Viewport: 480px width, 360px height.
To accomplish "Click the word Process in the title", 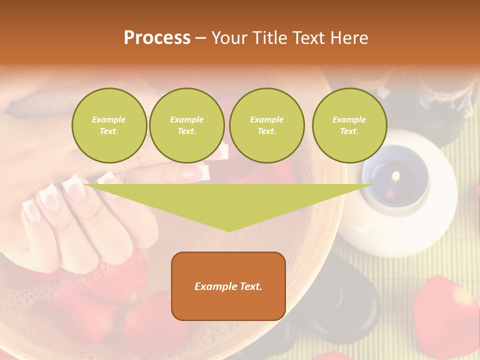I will coord(157,38).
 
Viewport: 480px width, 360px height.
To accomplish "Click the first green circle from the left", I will coord(109,125).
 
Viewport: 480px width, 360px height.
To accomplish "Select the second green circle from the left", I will coord(186,125).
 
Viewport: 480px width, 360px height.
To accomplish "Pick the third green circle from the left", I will coord(266,125).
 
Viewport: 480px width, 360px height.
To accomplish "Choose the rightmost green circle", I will coord(349,125).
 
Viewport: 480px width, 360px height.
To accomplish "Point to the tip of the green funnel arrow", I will coord(229,230).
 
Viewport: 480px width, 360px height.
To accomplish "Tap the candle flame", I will coord(395,176).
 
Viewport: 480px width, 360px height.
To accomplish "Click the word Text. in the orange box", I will coord(250,286).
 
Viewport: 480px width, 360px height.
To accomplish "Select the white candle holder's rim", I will coord(430,150).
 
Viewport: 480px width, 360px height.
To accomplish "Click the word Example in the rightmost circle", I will coord(349,119).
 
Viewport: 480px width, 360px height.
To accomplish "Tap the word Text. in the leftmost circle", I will coord(109,131).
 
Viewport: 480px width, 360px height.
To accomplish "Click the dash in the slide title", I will coord(200,38).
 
